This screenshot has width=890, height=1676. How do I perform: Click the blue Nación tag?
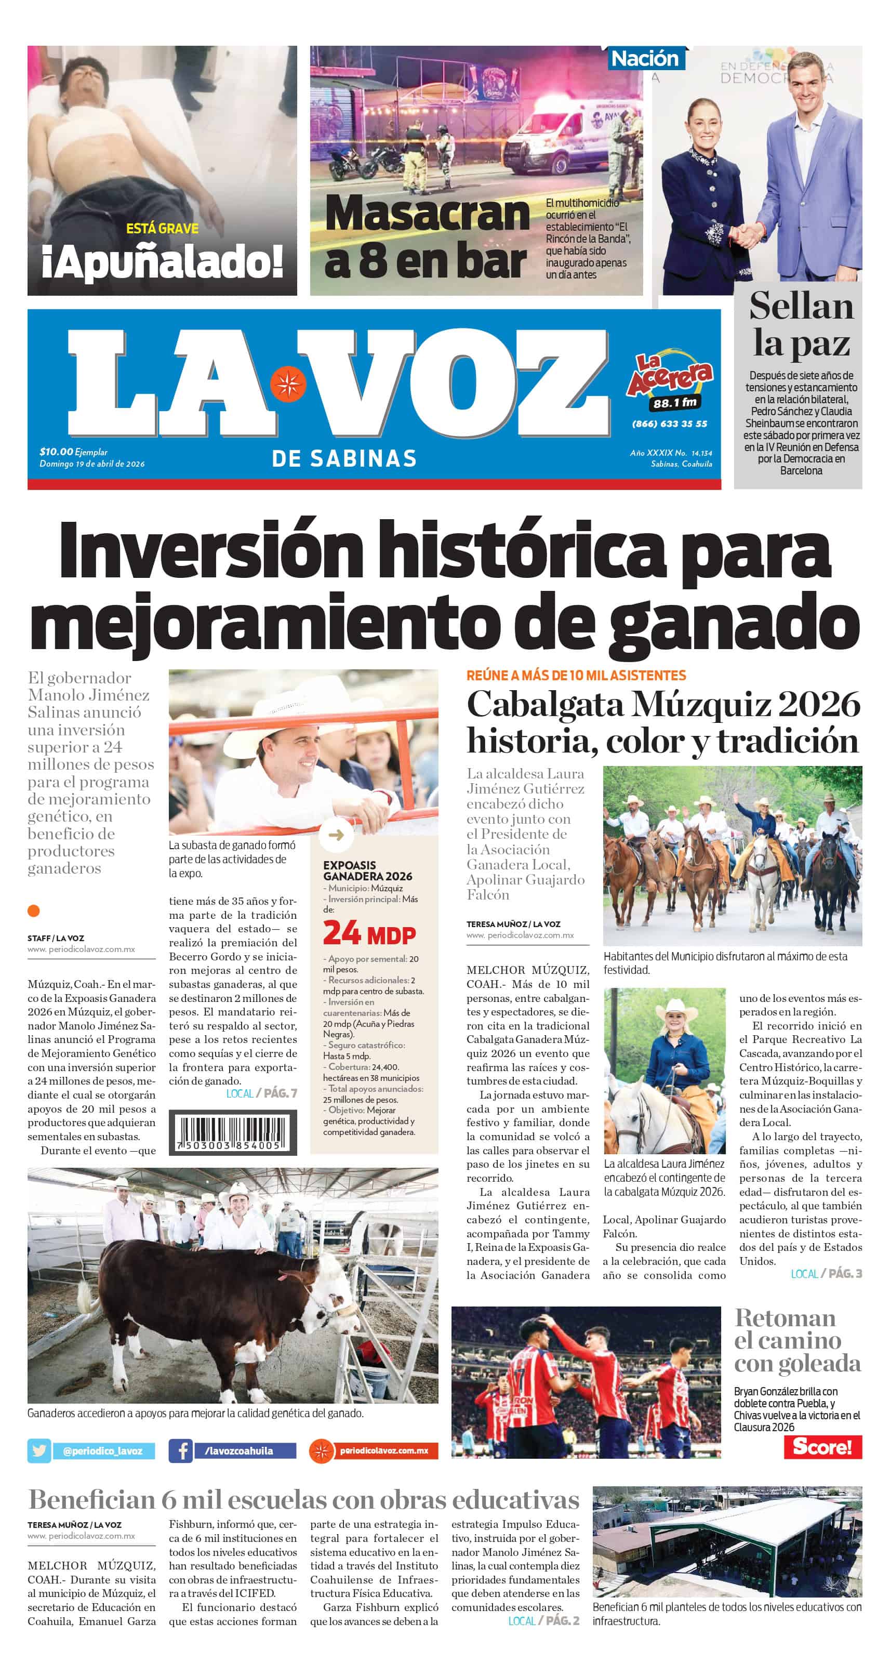coord(644,59)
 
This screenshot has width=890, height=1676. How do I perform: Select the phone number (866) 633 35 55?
coord(670,424)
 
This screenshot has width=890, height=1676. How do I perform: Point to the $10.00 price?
coord(56,452)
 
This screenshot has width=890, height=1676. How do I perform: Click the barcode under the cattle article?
coord(232,1133)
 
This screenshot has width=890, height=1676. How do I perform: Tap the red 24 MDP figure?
coord(369,934)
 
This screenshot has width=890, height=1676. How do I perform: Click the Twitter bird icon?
coord(39,1450)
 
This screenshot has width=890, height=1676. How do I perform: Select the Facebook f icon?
coord(180,1450)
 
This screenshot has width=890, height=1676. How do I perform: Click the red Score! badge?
coord(822,1446)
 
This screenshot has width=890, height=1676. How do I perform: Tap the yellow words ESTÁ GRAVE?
coord(162,228)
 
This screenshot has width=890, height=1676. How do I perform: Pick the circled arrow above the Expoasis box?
coord(336,835)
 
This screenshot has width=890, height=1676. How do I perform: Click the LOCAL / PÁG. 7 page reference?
coord(261,1093)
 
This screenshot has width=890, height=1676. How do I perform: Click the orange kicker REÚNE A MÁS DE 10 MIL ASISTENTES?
coord(576,676)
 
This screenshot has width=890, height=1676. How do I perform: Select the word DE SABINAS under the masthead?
coord(344,459)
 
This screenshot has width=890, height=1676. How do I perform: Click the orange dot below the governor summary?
coord(34,911)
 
